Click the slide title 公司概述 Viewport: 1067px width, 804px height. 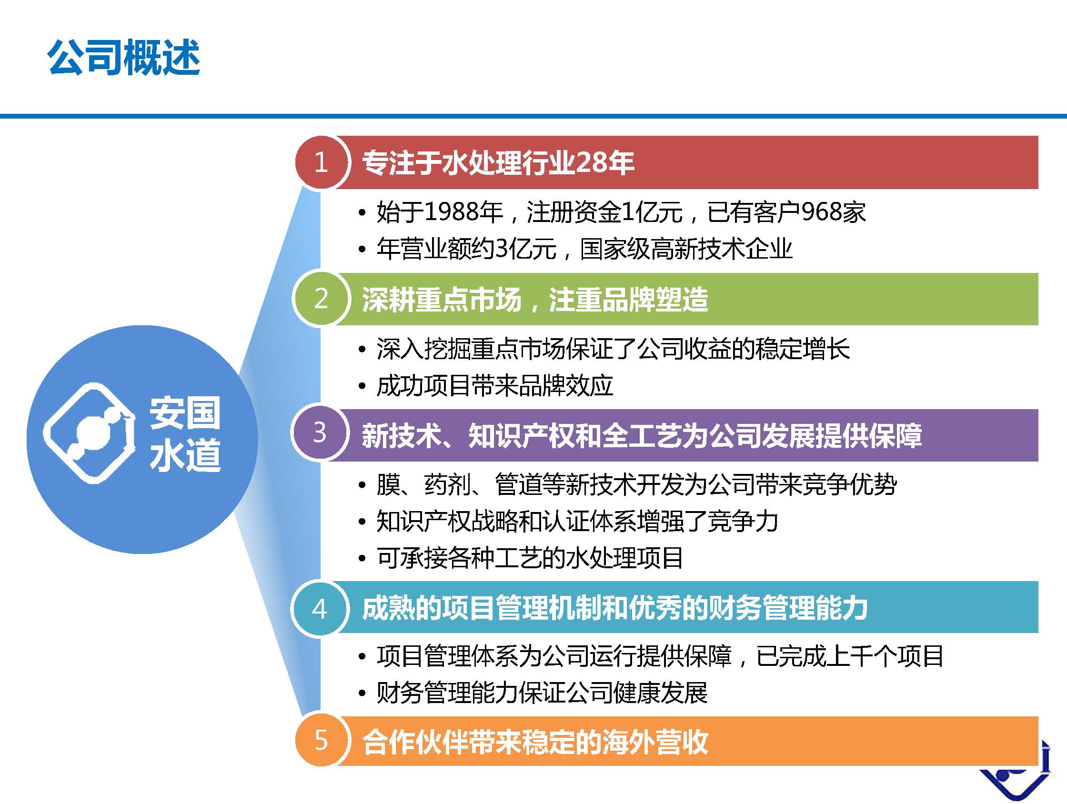point(123,58)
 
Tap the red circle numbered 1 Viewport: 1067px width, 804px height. point(321,162)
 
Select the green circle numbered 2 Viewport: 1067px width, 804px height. point(321,299)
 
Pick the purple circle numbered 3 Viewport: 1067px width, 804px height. point(320,432)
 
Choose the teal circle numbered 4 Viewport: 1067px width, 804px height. point(320,609)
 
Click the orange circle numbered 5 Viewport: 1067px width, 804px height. point(321,741)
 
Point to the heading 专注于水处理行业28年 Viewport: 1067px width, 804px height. point(498,162)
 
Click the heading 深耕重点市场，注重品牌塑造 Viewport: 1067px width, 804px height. point(534,299)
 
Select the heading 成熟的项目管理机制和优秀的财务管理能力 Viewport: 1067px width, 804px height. point(614,608)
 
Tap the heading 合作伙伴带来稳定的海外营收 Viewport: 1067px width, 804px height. point(534,741)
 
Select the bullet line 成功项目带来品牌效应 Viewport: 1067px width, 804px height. point(494,386)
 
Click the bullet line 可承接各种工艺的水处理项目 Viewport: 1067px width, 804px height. point(530,558)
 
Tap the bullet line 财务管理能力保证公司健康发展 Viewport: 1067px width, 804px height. point(542,693)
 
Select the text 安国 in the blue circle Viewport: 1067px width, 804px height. point(185,413)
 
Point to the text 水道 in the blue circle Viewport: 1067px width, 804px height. point(185,455)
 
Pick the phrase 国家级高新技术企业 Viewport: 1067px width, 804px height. point(686,249)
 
